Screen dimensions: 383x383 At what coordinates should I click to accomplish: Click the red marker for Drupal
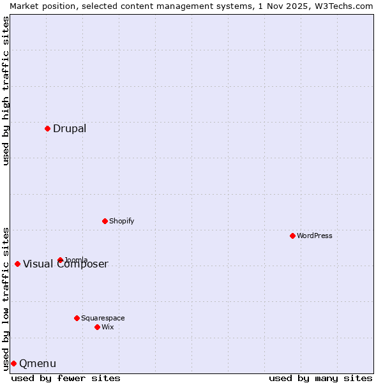click(47, 128)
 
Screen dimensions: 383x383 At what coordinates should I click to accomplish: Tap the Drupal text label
click(70, 129)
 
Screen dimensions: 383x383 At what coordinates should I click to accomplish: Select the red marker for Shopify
click(105, 221)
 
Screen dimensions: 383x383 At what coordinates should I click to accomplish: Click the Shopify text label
click(121, 222)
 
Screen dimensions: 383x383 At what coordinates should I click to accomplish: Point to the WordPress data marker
click(292, 236)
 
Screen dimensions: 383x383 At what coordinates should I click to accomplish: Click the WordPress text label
click(314, 236)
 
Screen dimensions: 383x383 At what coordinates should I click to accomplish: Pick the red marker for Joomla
click(60, 260)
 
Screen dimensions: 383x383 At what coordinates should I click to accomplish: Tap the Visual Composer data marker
click(17, 264)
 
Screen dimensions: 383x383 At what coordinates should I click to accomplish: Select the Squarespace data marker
click(77, 318)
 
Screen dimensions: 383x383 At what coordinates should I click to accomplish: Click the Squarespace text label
click(103, 319)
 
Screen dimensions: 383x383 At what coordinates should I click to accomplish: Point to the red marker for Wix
click(97, 327)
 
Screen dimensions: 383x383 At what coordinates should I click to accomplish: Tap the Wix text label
click(108, 327)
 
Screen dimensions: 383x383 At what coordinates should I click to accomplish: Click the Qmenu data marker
click(13, 363)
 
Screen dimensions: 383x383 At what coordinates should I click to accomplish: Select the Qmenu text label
click(38, 364)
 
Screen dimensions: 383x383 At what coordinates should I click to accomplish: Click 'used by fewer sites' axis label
click(66, 378)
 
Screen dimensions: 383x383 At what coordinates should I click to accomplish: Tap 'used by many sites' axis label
click(320, 378)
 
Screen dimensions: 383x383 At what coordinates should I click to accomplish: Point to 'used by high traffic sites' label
click(6, 91)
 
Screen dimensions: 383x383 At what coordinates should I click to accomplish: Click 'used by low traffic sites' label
click(6, 298)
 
